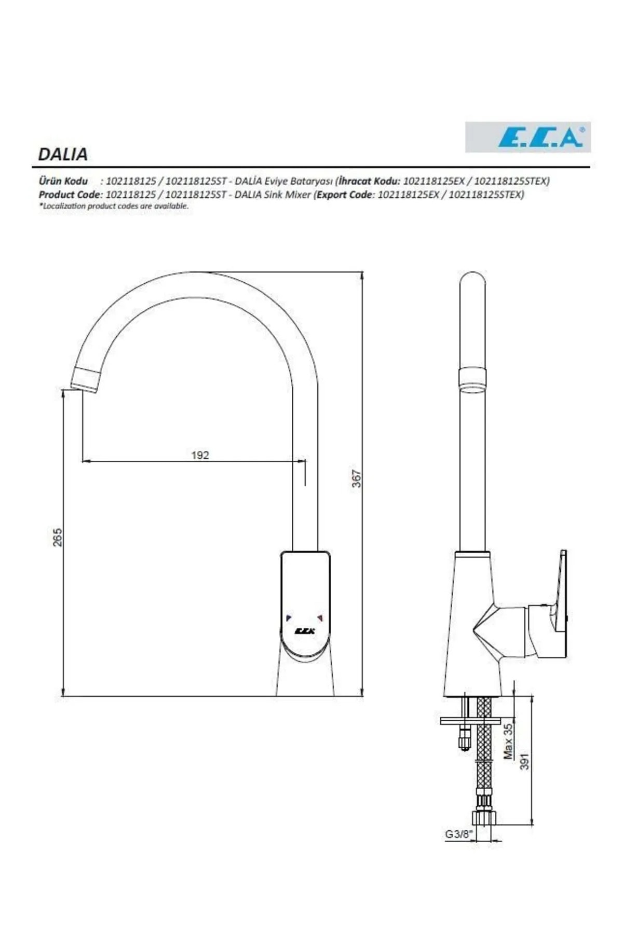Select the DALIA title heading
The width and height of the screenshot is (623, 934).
[63, 154]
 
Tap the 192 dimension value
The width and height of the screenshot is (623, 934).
[200, 455]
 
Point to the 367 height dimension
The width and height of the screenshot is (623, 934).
[356, 478]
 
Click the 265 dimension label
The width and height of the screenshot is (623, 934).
[58, 537]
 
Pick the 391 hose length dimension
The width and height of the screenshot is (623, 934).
[524, 761]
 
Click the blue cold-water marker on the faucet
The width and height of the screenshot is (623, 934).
[289, 617]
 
